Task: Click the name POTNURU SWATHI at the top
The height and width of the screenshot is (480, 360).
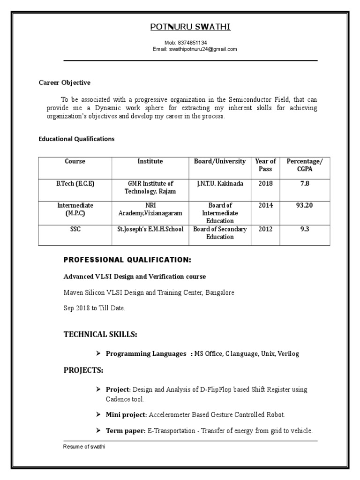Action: [190, 27]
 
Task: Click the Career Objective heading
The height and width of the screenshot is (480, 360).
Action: [64, 82]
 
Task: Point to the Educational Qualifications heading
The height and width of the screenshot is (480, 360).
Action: [76, 139]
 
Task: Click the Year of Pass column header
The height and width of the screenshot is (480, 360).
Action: [265, 165]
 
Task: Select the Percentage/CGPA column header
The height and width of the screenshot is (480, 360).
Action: [305, 165]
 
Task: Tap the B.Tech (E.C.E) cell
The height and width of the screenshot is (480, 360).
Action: [75, 184]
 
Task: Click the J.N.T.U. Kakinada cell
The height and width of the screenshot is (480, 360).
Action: [220, 184]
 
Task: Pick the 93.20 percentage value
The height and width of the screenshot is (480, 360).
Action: [305, 205]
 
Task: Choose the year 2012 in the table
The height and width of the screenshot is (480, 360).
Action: [265, 229]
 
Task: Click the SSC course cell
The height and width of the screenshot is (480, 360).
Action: [75, 229]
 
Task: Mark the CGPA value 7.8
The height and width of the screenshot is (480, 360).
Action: [305, 184]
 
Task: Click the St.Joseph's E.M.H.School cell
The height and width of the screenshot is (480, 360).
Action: [150, 229]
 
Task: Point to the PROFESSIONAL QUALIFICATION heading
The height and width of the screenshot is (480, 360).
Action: [127, 260]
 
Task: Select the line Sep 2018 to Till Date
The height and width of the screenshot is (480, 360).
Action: [94, 308]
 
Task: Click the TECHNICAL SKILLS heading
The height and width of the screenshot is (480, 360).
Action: [100, 334]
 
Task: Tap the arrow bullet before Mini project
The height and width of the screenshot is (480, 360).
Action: [98, 414]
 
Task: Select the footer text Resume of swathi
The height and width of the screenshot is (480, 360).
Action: [84, 447]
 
